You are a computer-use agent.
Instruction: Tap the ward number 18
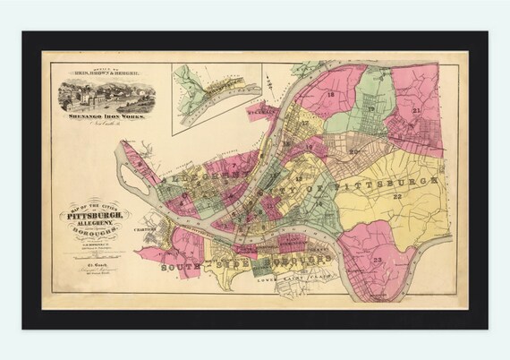pyautogui.click(x=330, y=95)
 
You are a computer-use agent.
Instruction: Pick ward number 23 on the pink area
pyautogui.click(x=378, y=260)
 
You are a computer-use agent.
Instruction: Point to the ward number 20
pyautogui.click(x=354, y=151)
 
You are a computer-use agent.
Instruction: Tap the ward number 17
pyautogui.click(x=303, y=123)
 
